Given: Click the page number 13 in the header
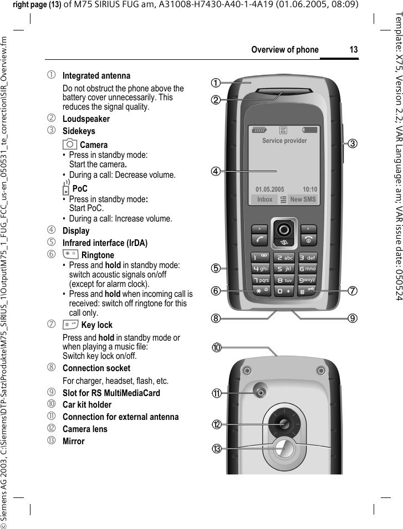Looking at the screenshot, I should [353, 50].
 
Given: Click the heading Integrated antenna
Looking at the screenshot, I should [96, 75].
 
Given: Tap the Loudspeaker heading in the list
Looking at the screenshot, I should [86, 119].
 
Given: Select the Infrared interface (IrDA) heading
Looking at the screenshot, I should [105, 243].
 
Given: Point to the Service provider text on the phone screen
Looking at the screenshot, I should [284, 141].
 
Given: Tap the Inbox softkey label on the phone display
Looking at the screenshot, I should [265, 199].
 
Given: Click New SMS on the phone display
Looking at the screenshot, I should [303, 199].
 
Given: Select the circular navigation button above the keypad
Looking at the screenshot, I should [285, 229].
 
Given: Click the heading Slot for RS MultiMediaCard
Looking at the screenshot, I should [111, 393].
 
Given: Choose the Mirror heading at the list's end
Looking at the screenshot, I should [74, 441].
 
